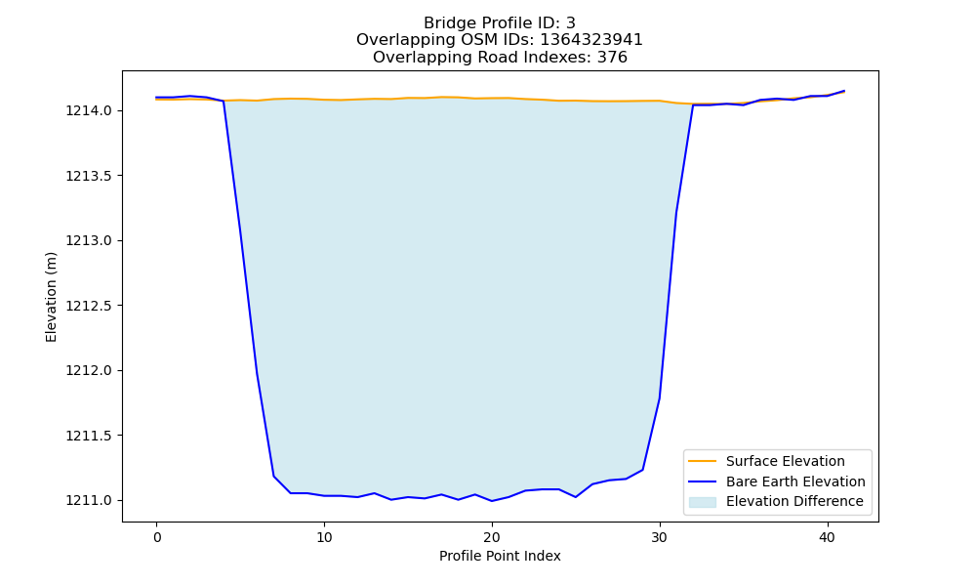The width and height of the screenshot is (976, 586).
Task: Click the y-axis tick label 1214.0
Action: tap(89, 110)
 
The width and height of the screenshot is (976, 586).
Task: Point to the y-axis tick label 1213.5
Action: tap(89, 176)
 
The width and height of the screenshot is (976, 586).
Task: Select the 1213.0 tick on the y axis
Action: tap(89, 240)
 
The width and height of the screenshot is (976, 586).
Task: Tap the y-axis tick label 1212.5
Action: tap(89, 306)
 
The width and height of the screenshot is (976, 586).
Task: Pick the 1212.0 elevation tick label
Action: tap(89, 370)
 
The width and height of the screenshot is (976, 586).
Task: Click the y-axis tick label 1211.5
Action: tap(89, 436)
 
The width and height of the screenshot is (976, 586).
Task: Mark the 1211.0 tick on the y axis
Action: tap(89, 500)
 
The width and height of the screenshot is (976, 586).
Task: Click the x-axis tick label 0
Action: tap(157, 537)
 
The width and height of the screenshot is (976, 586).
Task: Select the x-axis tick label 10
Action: tap(324, 537)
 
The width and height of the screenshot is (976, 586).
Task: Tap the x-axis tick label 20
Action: tap(492, 537)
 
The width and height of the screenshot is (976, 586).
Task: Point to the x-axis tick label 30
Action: tap(660, 537)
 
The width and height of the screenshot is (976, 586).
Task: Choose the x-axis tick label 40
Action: tap(828, 537)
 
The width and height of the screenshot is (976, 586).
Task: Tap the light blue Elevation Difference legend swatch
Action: tap(702, 502)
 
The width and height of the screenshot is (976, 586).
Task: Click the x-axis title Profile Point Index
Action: tap(500, 556)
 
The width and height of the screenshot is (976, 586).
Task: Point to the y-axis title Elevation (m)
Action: tap(51, 297)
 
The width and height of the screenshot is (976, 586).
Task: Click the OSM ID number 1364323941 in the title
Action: tap(591, 40)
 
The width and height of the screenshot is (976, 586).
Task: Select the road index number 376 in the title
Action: tap(612, 58)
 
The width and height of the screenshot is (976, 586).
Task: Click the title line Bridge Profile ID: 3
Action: tap(499, 23)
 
